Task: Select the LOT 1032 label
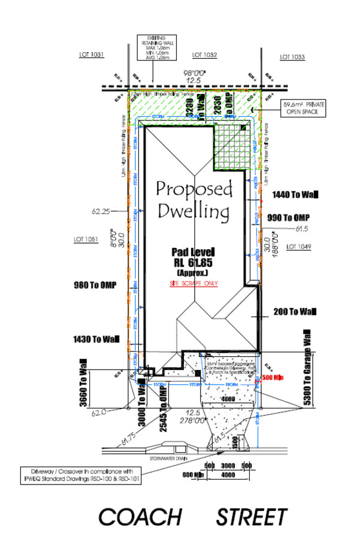[204, 55]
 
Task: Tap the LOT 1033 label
[293, 57]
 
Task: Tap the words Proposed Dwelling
[193, 200]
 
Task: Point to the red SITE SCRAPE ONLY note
[193, 283]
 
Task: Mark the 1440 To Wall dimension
[294, 195]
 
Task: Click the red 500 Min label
[273, 378]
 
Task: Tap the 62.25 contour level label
[103, 211]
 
